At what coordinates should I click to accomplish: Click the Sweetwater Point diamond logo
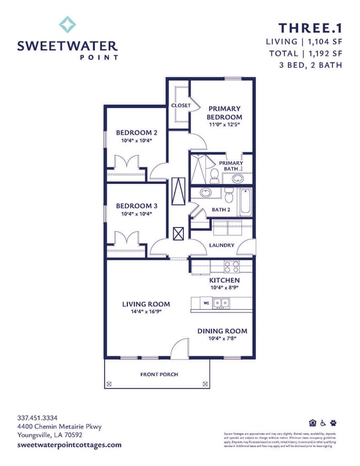tap(67, 24)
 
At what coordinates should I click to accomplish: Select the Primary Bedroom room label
tap(224, 113)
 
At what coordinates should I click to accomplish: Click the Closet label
tap(181, 105)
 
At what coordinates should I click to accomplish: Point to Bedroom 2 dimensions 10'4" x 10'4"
tap(136, 141)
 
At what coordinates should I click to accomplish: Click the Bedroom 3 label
tap(136, 205)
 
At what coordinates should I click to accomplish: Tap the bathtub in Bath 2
tap(245, 202)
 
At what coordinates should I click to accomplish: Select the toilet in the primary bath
tap(214, 176)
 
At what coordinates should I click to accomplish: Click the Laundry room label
tap(222, 245)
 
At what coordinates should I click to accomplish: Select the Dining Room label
tap(222, 331)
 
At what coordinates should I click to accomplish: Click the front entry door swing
tap(180, 349)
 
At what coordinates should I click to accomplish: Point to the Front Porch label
tap(159, 374)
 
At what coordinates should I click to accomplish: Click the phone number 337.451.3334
tap(38, 417)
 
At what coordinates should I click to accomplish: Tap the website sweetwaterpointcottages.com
tap(70, 444)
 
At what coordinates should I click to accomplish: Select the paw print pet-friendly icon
tap(333, 423)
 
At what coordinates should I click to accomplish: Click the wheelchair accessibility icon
tap(323, 423)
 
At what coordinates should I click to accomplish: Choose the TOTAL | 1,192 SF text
tap(305, 54)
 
